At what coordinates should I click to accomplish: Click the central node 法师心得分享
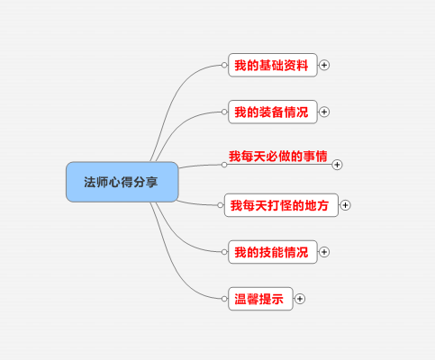(x=122, y=182)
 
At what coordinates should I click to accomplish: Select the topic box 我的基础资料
(x=273, y=65)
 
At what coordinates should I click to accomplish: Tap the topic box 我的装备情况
(x=273, y=112)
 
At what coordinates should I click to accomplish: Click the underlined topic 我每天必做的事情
(x=278, y=157)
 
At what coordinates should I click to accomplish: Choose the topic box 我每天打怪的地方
(x=281, y=205)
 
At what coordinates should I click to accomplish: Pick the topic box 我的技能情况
(x=273, y=252)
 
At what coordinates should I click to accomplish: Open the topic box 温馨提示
(x=260, y=299)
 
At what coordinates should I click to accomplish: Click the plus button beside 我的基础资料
(x=324, y=65)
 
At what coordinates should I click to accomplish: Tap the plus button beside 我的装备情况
(x=324, y=112)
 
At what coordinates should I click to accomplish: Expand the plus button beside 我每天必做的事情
(x=337, y=165)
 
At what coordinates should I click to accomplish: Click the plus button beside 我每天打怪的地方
(x=345, y=205)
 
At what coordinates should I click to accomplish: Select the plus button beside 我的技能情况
(x=324, y=252)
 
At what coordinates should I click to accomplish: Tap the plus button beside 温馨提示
(x=300, y=299)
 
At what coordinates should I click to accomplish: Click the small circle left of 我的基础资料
(x=224, y=65)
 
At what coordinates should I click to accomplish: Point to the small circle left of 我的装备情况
(x=224, y=112)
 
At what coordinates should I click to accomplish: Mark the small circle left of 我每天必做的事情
(x=224, y=165)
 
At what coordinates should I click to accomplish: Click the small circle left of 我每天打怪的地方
(x=221, y=205)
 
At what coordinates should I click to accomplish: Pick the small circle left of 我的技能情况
(x=224, y=252)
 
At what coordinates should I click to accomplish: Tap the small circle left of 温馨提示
(x=224, y=299)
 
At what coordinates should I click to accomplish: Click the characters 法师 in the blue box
(x=96, y=182)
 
